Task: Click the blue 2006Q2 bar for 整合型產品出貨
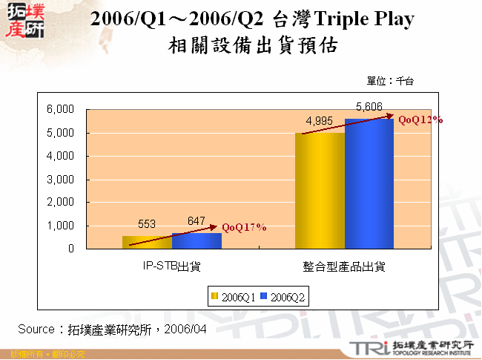(x=369, y=184)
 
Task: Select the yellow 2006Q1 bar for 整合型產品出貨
(x=320, y=191)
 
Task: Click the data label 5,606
(x=369, y=107)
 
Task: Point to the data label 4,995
(x=320, y=121)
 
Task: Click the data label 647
(x=196, y=220)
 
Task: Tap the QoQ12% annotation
(x=420, y=119)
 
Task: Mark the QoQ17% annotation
(x=243, y=228)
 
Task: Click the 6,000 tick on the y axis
(x=61, y=109)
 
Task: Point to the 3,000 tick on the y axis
(x=61, y=180)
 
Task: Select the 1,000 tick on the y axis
(x=61, y=226)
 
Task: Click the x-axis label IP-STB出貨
(x=171, y=265)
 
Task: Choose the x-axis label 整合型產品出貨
(x=344, y=265)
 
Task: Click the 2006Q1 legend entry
(x=234, y=296)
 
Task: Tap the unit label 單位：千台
(x=390, y=80)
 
